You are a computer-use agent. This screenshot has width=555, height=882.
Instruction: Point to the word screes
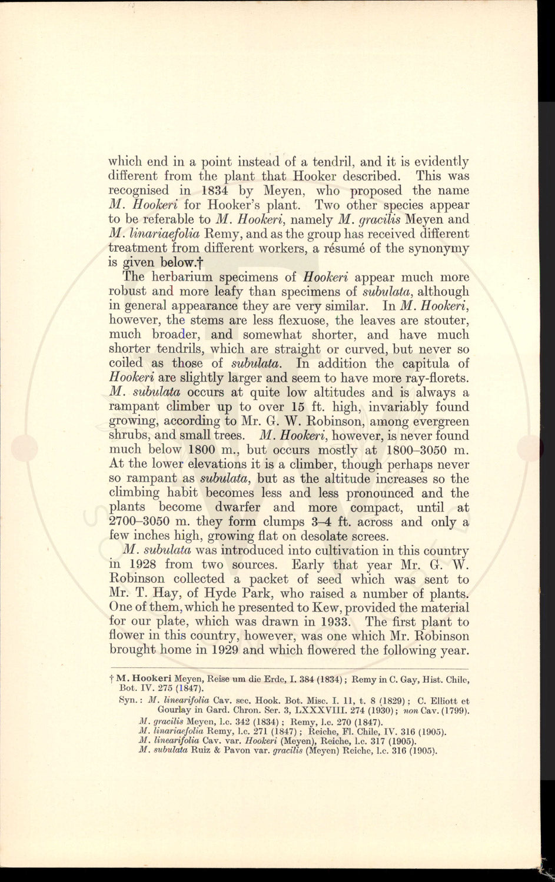pos(367,536)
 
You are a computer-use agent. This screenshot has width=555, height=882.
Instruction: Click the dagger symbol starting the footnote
pos(112,679)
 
